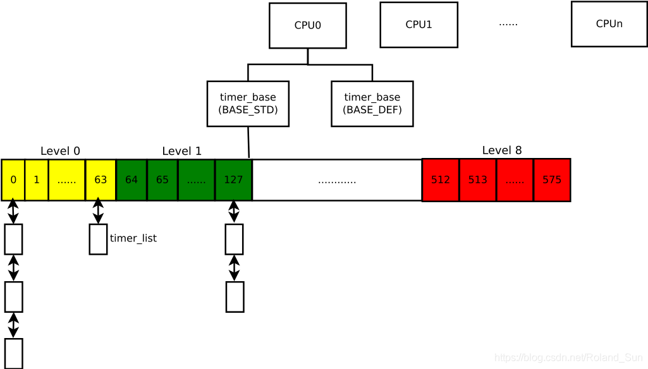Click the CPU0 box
pyautogui.click(x=307, y=25)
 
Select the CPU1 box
pyautogui.click(x=419, y=25)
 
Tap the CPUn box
pyautogui.click(x=609, y=24)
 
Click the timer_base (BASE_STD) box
pyautogui.click(x=248, y=104)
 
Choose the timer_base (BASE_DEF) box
pyautogui.click(x=372, y=104)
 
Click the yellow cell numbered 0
pyautogui.click(x=13, y=180)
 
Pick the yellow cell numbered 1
pyautogui.click(x=37, y=180)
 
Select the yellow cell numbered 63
pyautogui.click(x=101, y=180)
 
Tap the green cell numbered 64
pyautogui.click(x=131, y=180)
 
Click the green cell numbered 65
pyautogui.click(x=162, y=180)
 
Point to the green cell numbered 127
pyautogui.click(x=233, y=180)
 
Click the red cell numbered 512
pyautogui.click(x=441, y=180)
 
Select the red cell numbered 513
pyautogui.click(x=478, y=180)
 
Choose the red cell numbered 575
pyautogui.click(x=552, y=180)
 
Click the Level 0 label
pyautogui.click(x=60, y=151)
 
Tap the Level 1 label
pyautogui.click(x=181, y=151)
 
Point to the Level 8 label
pyautogui.click(x=502, y=150)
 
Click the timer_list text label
pyautogui.click(x=133, y=238)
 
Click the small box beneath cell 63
pyautogui.click(x=98, y=239)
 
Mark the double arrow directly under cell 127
pyautogui.click(x=234, y=212)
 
